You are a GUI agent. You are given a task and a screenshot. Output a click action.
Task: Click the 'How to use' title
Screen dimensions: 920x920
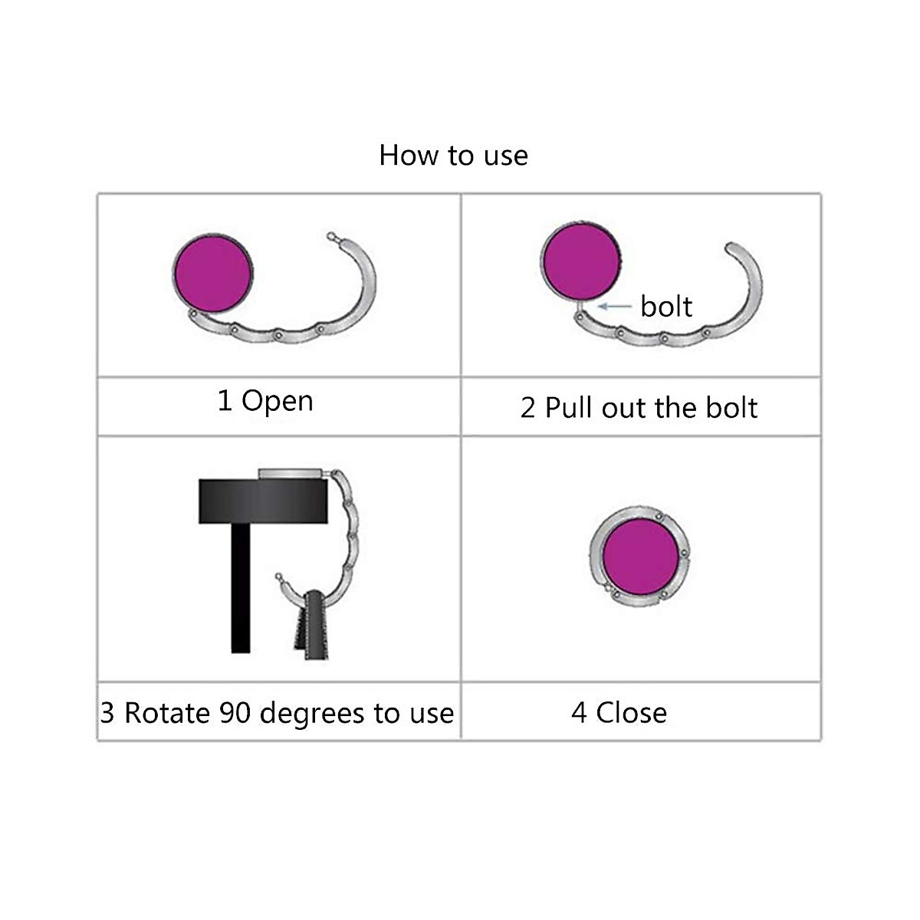pos(453,156)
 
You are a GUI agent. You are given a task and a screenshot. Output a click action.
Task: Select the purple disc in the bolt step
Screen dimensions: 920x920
pos(580,261)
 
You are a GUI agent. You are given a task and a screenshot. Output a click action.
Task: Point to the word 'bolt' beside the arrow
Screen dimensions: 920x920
pos(665,307)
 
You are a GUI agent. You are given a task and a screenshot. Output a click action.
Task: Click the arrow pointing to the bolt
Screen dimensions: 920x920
pos(615,306)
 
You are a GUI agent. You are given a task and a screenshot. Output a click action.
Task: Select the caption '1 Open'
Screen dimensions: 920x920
pos(265,401)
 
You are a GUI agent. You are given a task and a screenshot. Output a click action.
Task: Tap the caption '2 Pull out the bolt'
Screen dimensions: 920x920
pos(639,408)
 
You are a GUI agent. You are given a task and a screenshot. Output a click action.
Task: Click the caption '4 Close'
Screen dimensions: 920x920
pos(619,713)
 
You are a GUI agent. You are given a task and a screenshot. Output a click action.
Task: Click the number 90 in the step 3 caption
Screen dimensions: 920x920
pos(235,713)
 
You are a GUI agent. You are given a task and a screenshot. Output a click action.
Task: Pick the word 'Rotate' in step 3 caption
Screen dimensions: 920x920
pos(168,713)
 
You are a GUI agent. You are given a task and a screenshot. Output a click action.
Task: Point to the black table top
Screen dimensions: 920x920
pos(264,501)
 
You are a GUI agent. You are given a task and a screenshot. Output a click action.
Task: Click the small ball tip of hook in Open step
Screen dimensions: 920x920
pos(331,236)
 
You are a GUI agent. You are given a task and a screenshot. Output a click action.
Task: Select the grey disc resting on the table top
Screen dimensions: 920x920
pos(294,474)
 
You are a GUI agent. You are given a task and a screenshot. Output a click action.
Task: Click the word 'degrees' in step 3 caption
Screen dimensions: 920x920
pos(312,714)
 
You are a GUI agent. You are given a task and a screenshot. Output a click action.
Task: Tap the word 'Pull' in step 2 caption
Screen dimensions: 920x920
pos(570,408)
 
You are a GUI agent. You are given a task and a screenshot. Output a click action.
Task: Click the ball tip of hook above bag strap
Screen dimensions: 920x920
pos(279,576)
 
